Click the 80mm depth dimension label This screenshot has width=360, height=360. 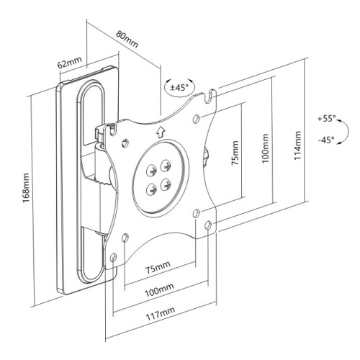pyautogui.click(x=127, y=37)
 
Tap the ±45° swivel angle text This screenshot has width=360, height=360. pyautogui.click(x=177, y=87)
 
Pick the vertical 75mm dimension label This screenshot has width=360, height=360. pyautogui.click(x=235, y=159)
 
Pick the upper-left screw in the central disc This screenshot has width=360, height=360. pyautogui.click(x=152, y=169)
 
